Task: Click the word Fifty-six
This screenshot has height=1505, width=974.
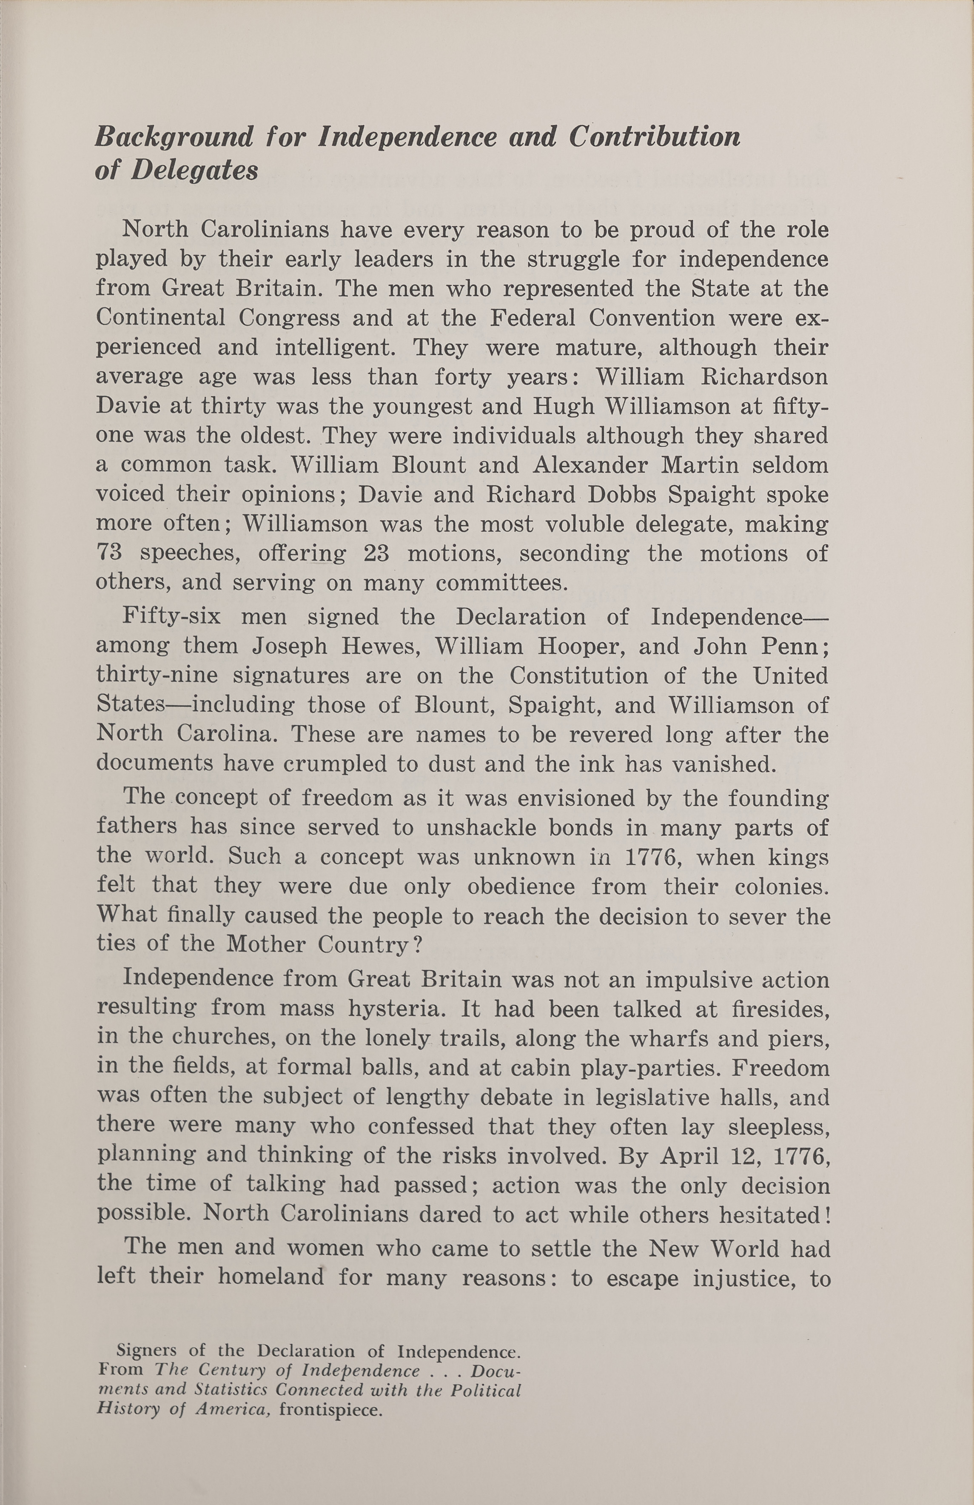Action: click(x=171, y=616)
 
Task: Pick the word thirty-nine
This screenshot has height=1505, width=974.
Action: click(x=157, y=676)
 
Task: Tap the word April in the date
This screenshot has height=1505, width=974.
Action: click(x=689, y=1157)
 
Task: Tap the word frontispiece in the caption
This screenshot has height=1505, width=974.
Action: click(x=331, y=1410)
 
